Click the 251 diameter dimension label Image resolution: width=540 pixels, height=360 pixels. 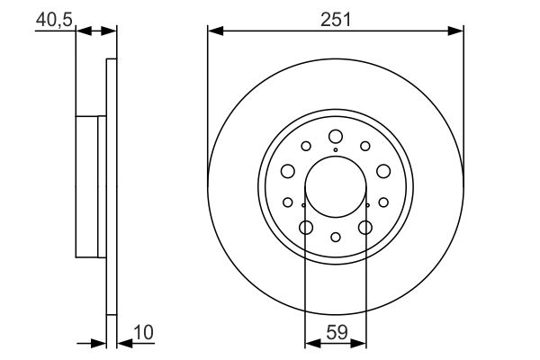(x=336, y=19)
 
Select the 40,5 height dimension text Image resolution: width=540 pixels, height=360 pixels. (x=54, y=20)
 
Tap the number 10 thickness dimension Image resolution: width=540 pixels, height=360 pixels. (x=144, y=333)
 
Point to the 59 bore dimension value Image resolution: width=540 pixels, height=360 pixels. (x=337, y=333)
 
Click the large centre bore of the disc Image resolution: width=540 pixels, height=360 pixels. (x=336, y=186)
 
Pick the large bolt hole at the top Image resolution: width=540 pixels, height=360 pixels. (x=336, y=137)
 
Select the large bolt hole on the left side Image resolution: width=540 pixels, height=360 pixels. (x=288, y=171)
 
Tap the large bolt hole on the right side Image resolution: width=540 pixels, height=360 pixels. (x=383, y=171)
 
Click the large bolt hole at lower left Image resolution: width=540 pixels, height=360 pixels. (x=306, y=228)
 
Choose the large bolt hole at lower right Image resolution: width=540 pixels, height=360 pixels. (x=365, y=228)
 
